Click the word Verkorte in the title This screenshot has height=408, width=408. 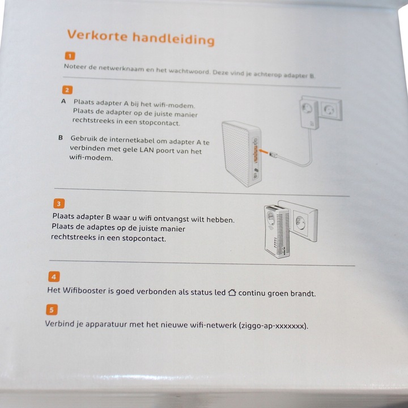[x=97, y=35]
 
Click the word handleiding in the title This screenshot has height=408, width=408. [x=173, y=39]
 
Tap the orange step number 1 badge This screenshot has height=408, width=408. [x=70, y=56]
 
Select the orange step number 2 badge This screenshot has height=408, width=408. [x=67, y=90]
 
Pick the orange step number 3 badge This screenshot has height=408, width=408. [x=59, y=203]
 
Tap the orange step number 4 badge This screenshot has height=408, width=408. [x=54, y=277]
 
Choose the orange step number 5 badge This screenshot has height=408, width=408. [x=52, y=309]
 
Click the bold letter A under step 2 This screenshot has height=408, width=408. [x=63, y=101]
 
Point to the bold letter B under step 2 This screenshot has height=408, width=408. [x=61, y=137]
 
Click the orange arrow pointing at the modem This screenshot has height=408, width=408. [x=263, y=151]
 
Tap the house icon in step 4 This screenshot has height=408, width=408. [x=232, y=292]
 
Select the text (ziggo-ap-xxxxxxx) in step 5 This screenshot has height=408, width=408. [x=273, y=325]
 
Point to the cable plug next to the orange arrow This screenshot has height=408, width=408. [x=274, y=155]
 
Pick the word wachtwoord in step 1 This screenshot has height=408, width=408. [x=189, y=71]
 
